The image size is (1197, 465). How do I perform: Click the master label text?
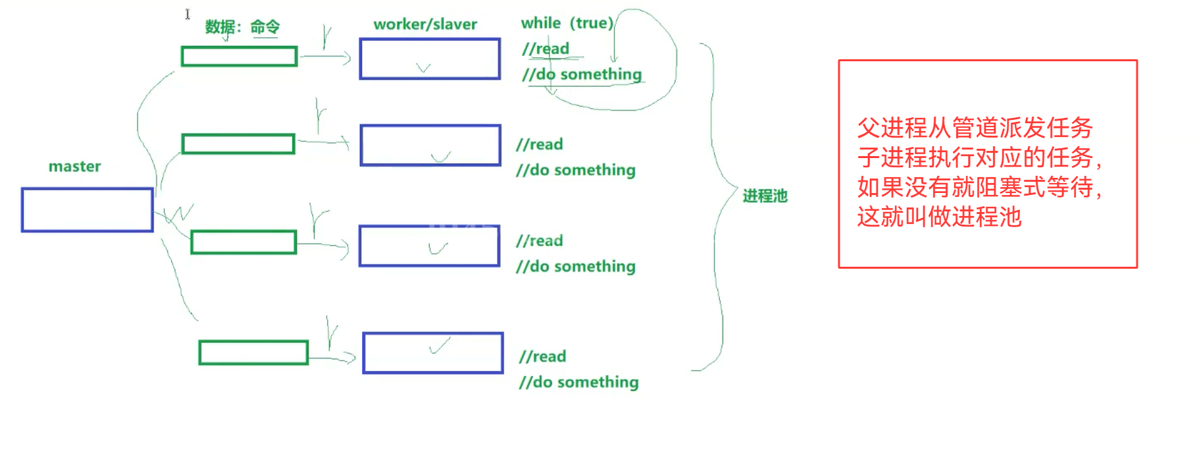(74, 167)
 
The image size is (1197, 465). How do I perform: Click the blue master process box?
(88, 210)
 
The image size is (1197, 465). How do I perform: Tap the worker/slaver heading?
(425, 24)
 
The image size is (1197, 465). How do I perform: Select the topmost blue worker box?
(430, 59)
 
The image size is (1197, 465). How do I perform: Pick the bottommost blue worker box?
(433, 353)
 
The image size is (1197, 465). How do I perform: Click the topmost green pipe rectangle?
(239, 57)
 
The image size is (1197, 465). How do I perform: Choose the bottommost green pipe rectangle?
(253, 352)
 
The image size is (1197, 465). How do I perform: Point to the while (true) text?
(567, 23)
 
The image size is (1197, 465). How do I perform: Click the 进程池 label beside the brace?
(765, 196)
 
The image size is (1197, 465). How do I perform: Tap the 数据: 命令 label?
(242, 27)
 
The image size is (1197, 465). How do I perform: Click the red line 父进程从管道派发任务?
(975, 128)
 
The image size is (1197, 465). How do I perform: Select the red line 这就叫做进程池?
(939, 217)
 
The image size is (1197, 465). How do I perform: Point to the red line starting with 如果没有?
(979, 187)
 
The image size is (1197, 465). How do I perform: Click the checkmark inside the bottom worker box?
(440, 346)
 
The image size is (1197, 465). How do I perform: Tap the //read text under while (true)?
(546, 49)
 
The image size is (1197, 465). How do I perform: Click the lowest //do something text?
(578, 382)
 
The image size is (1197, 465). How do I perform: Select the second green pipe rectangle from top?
(238, 144)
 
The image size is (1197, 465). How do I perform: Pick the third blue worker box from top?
(430, 246)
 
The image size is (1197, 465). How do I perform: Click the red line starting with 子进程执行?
(979, 157)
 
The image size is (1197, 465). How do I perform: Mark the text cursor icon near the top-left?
(188, 14)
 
